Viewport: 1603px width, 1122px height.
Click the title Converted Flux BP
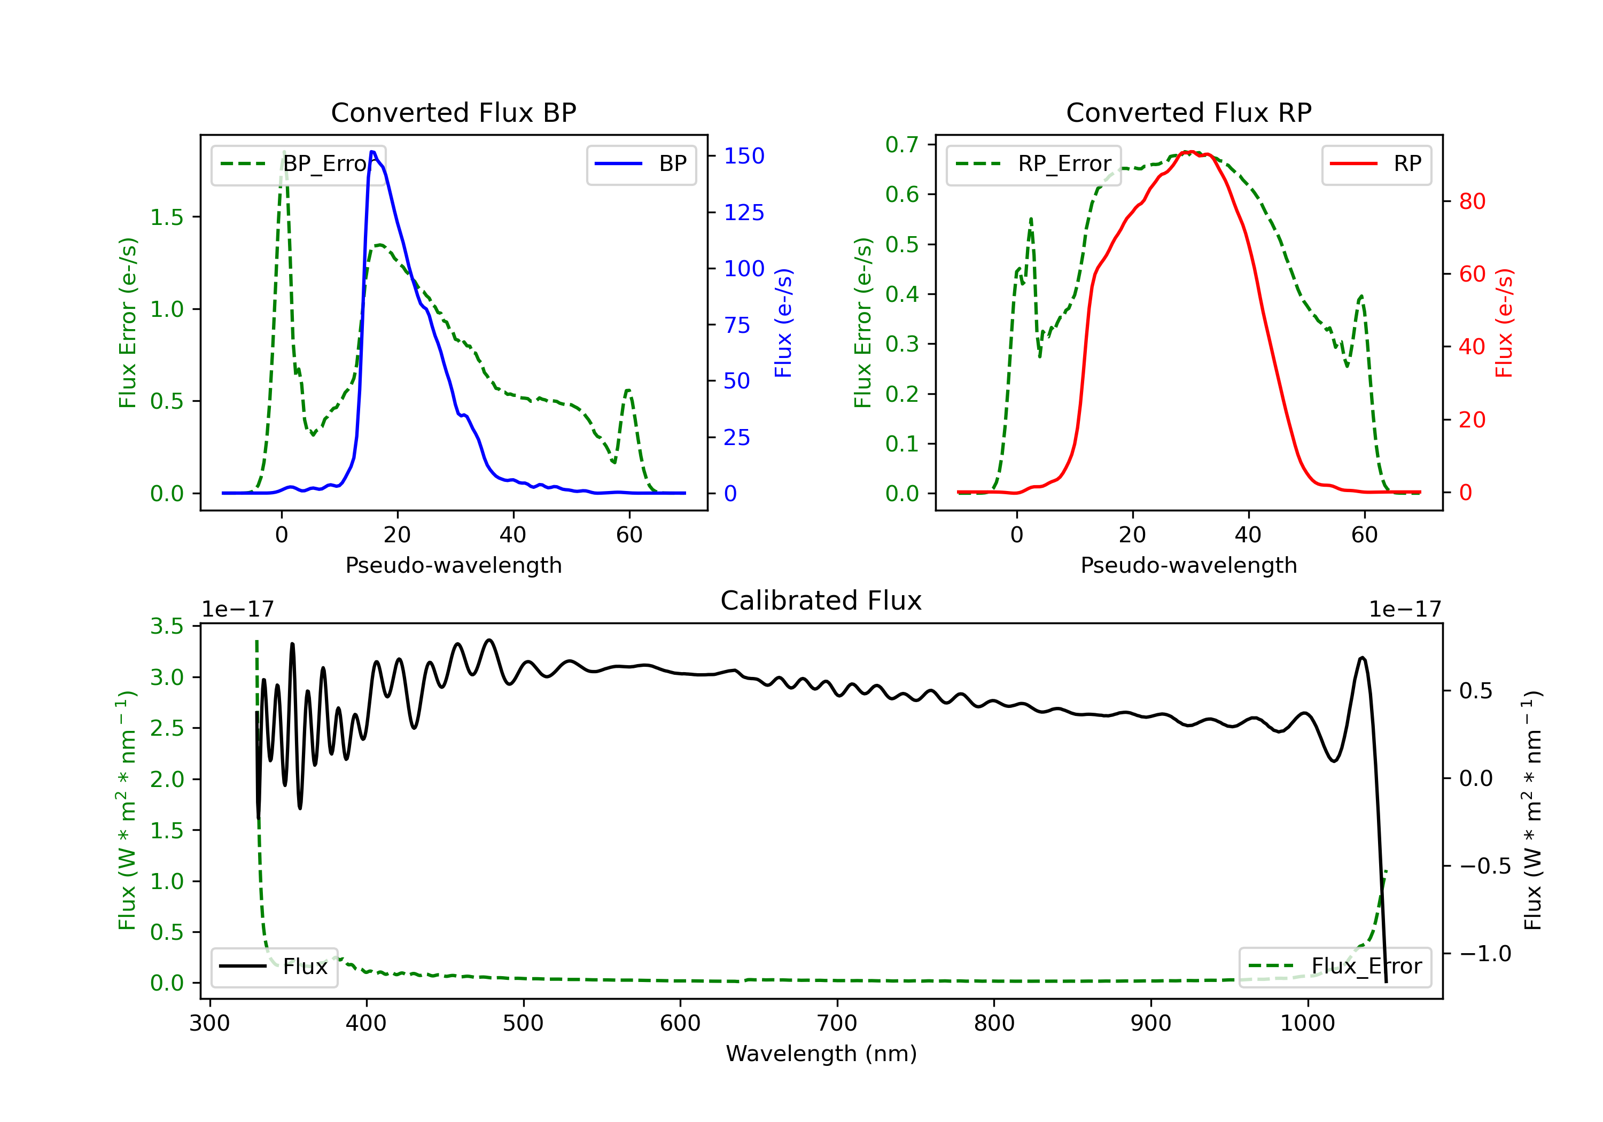click(453, 112)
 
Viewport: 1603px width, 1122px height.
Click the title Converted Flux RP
click(1188, 112)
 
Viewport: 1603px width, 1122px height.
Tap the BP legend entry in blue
click(642, 164)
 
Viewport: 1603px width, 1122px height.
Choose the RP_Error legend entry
click(1033, 164)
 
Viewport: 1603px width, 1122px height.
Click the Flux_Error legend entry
click(1335, 967)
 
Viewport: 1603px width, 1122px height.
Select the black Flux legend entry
click(275, 967)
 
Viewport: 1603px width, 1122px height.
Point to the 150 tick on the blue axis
click(744, 155)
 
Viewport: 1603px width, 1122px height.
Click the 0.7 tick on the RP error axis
click(901, 145)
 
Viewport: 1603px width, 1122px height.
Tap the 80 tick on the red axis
click(1472, 202)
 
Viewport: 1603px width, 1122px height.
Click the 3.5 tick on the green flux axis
click(167, 626)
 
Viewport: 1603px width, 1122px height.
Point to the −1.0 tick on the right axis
click(1485, 954)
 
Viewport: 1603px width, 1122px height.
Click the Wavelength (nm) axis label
click(821, 1054)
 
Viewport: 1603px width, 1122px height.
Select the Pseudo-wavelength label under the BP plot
click(453, 565)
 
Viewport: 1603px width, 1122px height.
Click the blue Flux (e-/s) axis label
click(783, 323)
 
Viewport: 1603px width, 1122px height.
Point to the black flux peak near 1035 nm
click(1361, 658)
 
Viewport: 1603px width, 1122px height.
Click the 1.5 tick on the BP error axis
click(167, 217)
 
